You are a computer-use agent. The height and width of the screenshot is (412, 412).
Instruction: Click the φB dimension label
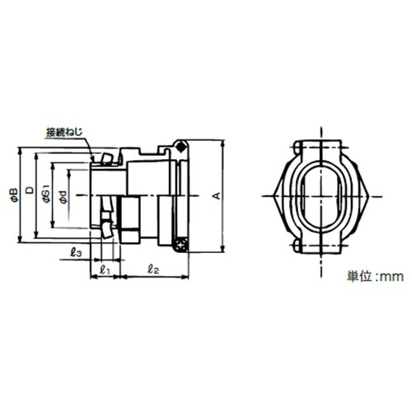pyautogui.click(x=14, y=195)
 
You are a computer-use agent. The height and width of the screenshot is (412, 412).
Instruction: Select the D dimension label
pyautogui.click(x=30, y=190)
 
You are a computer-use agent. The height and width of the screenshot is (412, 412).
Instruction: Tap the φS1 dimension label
pyautogui.click(x=47, y=194)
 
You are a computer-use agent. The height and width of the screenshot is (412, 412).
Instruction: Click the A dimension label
pyautogui.click(x=217, y=195)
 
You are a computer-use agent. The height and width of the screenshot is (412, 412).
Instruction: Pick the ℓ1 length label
pyautogui.click(x=105, y=270)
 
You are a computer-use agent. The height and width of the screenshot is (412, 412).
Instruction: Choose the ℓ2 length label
pyautogui.click(x=153, y=269)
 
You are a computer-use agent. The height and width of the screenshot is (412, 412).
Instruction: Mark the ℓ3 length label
pyautogui.click(x=76, y=252)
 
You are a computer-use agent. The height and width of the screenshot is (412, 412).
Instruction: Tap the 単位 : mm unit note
pyautogui.click(x=375, y=276)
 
